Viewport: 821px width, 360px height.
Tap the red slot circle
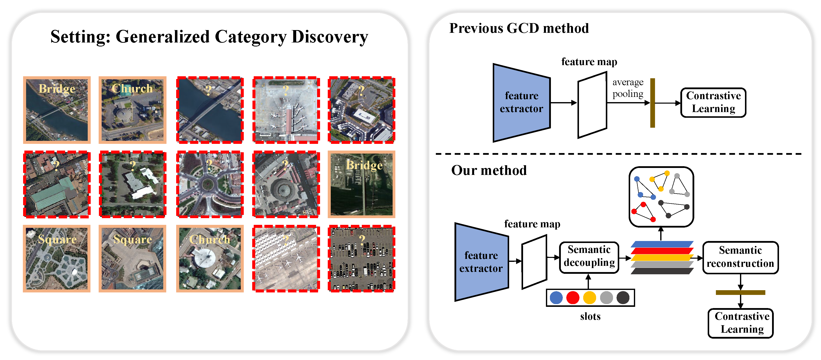click(x=573, y=298)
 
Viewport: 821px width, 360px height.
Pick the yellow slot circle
click(x=589, y=298)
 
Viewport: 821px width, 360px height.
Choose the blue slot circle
click(x=556, y=298)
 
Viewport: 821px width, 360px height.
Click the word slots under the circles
click(x=590, y=316)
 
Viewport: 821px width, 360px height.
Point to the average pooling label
click(x=627, y=88)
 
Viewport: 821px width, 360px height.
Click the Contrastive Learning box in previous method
click(x=713, y=103)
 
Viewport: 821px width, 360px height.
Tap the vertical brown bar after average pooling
click(x=653, y=103)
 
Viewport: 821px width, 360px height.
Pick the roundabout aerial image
click(x=210, y=184)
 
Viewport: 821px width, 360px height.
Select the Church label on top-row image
click(x=132, y=88)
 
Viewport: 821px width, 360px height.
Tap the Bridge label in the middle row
click(x=364, y=165)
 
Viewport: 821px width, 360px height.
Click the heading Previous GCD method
click(x=519, y=28)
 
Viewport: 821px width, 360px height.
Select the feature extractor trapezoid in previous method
click(x=521, y=103)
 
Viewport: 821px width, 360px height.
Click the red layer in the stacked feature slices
click(x=661, y=251)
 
